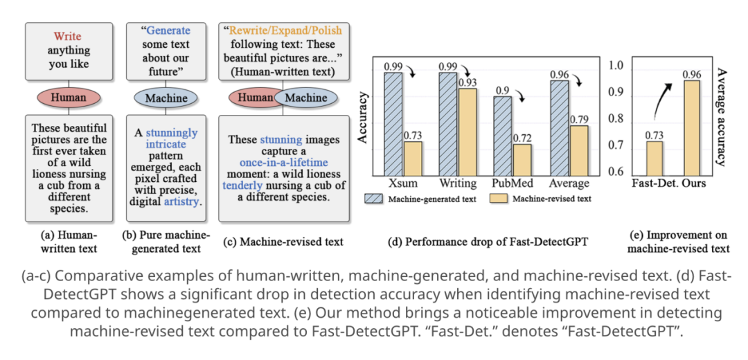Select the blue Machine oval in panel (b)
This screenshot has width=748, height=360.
[x=166, y=98]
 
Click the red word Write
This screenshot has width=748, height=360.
[x=69, y=35]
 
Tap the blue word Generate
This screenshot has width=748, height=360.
[x=167, y=31]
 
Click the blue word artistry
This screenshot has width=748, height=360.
[x=182, y=201]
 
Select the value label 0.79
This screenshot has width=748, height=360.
[x=578, y=120]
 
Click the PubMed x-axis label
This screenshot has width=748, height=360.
[x=513, y=183]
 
